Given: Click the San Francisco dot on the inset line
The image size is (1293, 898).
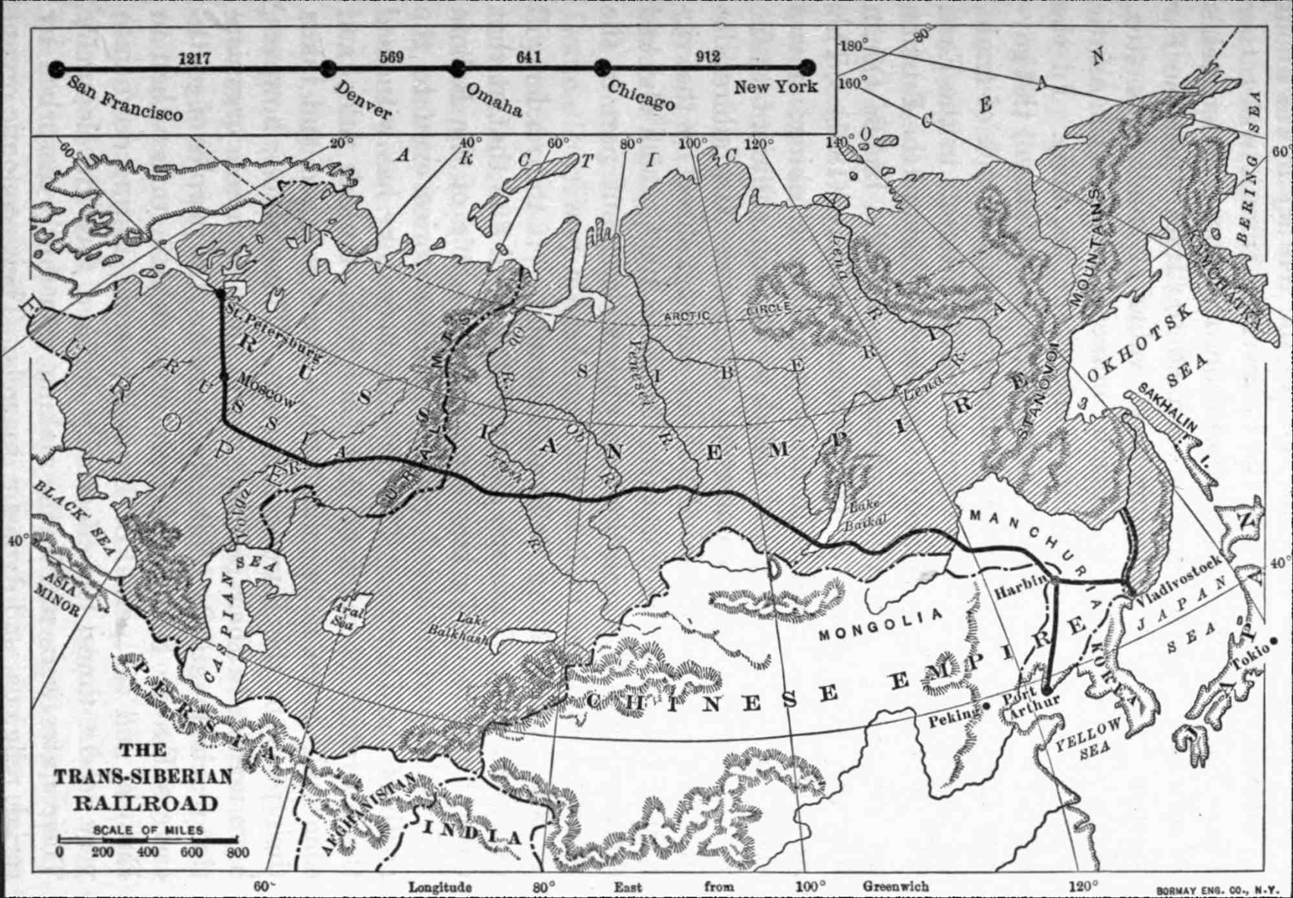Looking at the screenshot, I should coord(57,68).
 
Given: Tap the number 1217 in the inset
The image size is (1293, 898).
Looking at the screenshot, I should coord(194,58).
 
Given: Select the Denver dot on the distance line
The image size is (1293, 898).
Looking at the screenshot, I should coord(328,68).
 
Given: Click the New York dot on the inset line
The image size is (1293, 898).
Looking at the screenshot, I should coord(807,67).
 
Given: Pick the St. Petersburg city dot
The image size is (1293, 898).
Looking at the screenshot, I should coord(220,294).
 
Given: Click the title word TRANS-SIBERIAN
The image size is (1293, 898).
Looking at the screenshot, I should coord(143,776).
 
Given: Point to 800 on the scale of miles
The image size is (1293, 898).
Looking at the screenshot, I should coord(238,852).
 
